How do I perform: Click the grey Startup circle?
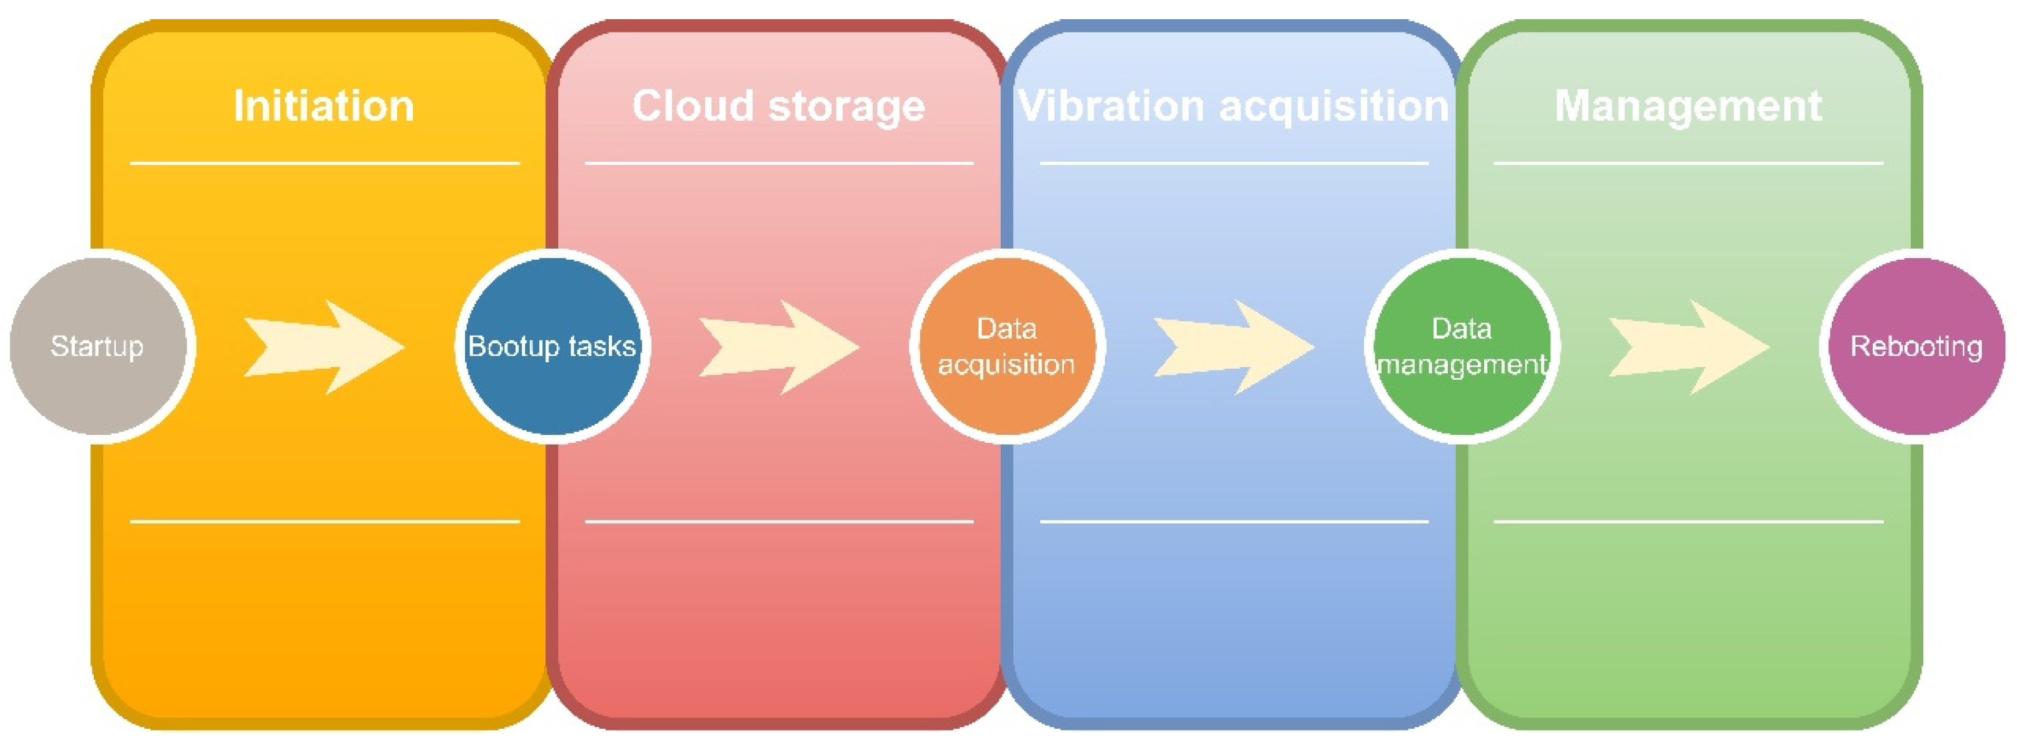tap(98, 346)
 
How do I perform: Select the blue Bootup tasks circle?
tap(552, 346)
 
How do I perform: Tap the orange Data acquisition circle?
tap(1007, 346)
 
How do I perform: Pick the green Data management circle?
tap(1461, 346)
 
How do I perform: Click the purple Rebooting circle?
tap(1916, 346)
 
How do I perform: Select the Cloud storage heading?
tap(778, 106)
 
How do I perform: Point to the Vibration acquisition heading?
tap(1233, 106)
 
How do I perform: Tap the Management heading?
tap(1688, 106)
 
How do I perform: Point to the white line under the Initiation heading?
tap(325, 163)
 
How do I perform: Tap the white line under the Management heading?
tap(1689, 163)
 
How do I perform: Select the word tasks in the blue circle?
tap(602, 346)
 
